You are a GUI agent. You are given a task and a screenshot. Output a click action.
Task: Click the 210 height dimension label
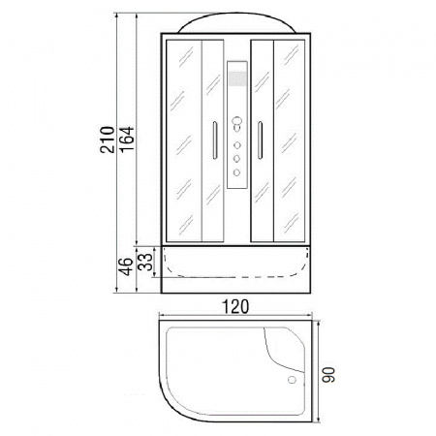pyautogui.click(x=108, y=140)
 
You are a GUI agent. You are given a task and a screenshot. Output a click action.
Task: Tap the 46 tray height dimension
pyautogui.click(x=125, y=266)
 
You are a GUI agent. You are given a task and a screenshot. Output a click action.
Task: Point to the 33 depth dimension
pyautogui.click(x=144, y=262)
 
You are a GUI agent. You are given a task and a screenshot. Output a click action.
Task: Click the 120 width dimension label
pyautogui.click(x=235, y=306)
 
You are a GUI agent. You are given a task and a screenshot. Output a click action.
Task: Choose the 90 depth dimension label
pyautogui.click(x=328, y=375)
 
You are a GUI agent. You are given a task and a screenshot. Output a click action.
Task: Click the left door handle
pyautogui.click(x=215, y=140)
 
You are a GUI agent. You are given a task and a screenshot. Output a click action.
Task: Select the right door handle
pyautogui.click(x=260, y=140)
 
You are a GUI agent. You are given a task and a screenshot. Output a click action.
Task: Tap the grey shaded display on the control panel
pyautogui.click(x=237, y=78)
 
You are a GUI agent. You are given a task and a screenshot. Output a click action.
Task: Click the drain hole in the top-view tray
pyautogui.click(x=292, y=380)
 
